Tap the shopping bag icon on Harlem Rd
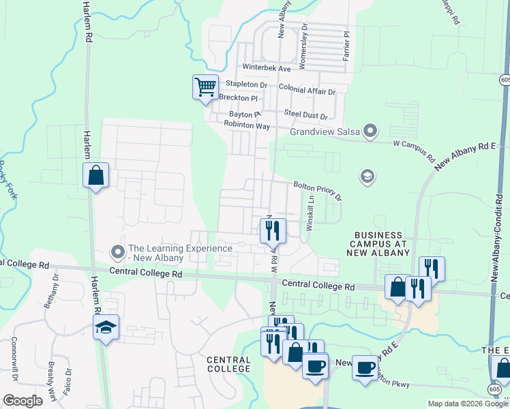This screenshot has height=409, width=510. pyautogui.click(x=96, y=175)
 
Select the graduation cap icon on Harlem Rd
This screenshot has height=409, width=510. pyautogui.click(x=106, y=329)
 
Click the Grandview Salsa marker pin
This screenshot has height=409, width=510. pyautogui.click(x=370, y=130)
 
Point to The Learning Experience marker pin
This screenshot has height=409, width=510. pyautogui.click(x=118, y=252)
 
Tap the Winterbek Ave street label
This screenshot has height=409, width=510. pyautogui.click(x=267, y=69)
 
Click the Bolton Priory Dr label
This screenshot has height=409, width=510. pyautogui.click(x=317, y=191)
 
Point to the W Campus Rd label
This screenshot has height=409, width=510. pyautogui.click(x=414, y=149)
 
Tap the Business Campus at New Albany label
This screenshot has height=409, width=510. pyautogui.click(x=380, y=243)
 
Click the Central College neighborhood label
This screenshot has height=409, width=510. pyautogui.click(x=230, y=363)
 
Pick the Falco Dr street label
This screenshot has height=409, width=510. pyautogui.click(x=68, y=382)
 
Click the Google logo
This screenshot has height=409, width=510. pyautogui.click(x=22, y=401)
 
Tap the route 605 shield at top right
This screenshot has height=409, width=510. pyautogui.click(x=504, y=80)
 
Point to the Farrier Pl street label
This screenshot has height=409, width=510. pyautogui.click(x=346, y=44)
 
